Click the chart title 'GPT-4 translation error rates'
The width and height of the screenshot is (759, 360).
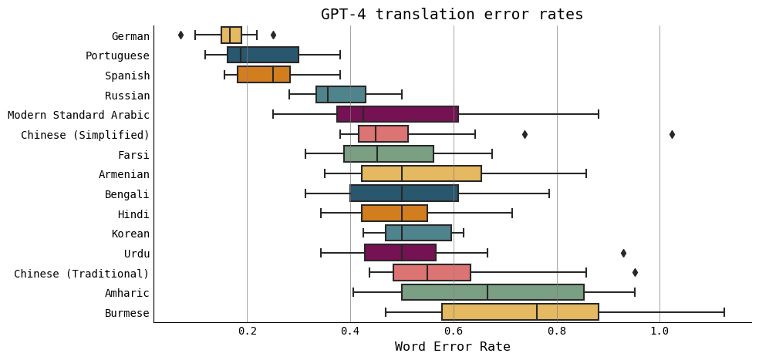click(452, 15)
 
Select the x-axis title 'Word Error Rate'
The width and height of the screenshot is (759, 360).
click(452, 347)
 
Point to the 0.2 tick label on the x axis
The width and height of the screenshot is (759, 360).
click(247, 331)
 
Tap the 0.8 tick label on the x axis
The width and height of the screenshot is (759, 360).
click(556, 331)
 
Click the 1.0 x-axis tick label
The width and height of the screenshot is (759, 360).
click(659, 331)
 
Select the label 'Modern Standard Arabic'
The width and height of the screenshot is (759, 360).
click(79, 115)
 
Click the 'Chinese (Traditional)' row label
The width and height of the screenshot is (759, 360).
click(82, 274)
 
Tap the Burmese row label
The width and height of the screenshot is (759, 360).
click(127, 313)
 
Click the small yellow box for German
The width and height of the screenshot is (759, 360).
click(231, 35)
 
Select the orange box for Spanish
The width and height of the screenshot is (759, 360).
click(264, 75)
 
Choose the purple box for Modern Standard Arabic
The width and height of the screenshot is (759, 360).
click(397, 115)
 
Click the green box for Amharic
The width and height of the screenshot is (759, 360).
click(492, 293)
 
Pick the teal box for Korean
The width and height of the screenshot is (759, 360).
click(418, 234)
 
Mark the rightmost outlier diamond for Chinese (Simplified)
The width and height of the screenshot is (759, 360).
click(672, 134)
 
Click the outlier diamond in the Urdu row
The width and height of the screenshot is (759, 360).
click(623, 253)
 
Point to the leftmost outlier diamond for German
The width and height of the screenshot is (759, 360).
click(181, 35)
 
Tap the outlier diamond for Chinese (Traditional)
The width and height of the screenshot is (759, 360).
click(635, 272)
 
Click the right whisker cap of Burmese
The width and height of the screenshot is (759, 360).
click(724, 312)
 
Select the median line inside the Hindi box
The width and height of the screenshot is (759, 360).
click(402, 214)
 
